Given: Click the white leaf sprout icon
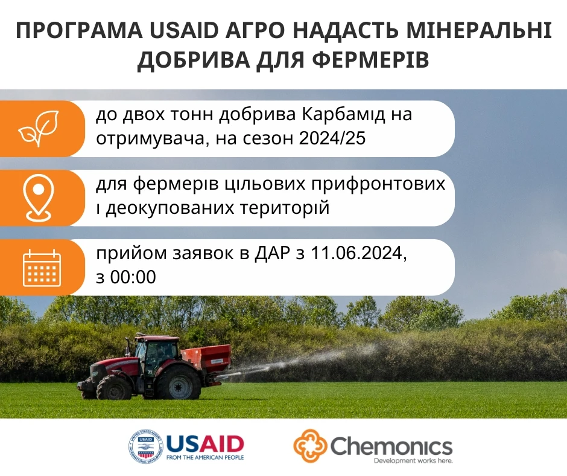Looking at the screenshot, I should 37,128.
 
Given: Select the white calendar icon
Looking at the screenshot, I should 42,267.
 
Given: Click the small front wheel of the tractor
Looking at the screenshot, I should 114,388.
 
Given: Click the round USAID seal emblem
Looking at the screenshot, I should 145,446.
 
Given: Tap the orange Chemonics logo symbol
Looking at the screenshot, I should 310,446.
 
